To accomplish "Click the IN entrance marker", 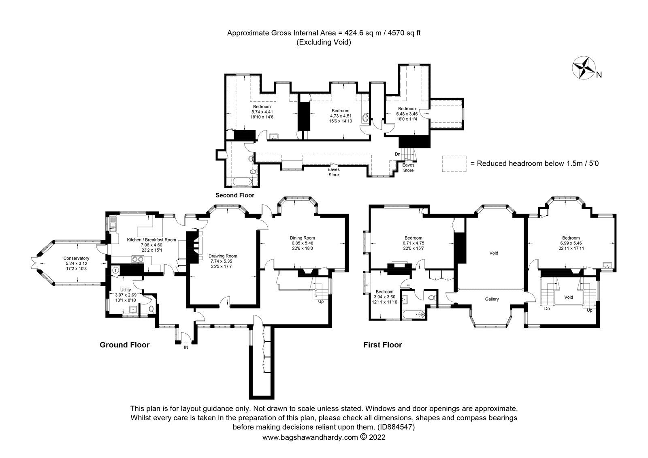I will coord(186,347).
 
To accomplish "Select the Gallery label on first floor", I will coord(492,299).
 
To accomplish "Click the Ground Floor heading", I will coord(124,345).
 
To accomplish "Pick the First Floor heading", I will coord(382,345).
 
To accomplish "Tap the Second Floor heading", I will coord(234,195).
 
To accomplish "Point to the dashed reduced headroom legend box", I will coord(454,164).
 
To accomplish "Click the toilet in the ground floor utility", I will coord(151,310).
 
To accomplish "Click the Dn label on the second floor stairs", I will coord(398,154).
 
